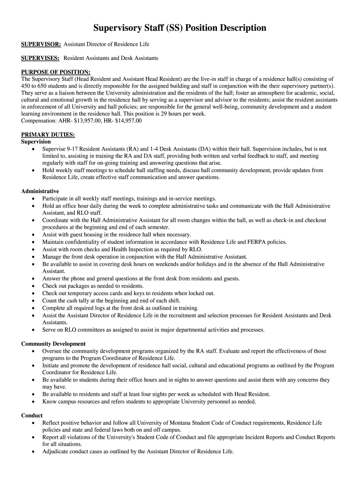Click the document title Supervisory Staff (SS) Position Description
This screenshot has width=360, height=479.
(180, 28)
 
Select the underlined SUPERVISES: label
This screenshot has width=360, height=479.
(40, 58)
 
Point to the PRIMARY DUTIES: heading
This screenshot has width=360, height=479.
(48, 135)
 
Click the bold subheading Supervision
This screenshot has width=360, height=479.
(36, 142)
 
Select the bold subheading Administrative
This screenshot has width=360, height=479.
(40, 191)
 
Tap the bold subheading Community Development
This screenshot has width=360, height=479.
(53, 344)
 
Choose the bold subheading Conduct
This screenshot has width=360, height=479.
(32, 415)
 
